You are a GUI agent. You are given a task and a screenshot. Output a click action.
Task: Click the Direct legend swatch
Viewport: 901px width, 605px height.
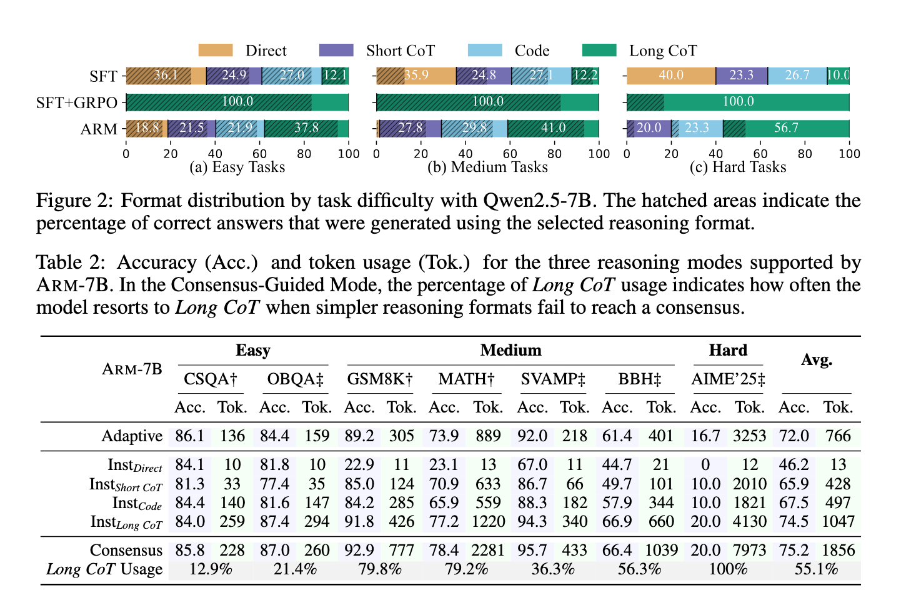point(216,51)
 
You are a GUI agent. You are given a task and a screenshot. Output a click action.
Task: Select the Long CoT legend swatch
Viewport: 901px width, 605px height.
point(599,51)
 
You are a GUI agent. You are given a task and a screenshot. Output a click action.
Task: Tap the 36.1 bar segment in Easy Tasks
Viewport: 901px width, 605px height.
point(166,76)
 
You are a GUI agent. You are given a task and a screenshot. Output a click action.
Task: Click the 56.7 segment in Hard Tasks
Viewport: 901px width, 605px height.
point(786,128)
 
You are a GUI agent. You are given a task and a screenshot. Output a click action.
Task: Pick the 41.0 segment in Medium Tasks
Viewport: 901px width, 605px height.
point(553,128)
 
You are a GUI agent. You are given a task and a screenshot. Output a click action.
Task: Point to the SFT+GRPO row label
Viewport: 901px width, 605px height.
point(77,102)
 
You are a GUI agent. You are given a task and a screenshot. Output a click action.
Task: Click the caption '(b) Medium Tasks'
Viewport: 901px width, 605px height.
point(487,167)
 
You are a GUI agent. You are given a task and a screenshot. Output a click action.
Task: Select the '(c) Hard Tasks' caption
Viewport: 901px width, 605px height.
point(738,167)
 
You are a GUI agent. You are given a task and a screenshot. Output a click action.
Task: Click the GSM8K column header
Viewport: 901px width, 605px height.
point(380,379)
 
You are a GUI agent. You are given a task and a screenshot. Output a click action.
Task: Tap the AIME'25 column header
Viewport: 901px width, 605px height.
point(728,379)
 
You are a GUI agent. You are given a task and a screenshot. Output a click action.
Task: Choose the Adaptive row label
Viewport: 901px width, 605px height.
point(132,436)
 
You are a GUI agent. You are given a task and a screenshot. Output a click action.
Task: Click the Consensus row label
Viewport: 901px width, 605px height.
point(126,550)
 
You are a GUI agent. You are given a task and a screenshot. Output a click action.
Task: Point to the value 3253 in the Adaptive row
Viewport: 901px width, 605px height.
point(749,436)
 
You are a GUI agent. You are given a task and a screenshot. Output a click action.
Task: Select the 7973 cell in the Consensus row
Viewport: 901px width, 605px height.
point(749,550)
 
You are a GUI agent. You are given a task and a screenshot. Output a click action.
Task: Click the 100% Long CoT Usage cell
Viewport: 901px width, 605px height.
point(728,569)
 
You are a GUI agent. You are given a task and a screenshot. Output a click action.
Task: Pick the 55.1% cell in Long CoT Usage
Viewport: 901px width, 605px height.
point(816,569)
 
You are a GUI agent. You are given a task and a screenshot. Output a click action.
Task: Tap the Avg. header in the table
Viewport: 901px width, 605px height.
point(816,360)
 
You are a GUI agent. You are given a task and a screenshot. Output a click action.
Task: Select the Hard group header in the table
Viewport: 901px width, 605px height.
point(728,350)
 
